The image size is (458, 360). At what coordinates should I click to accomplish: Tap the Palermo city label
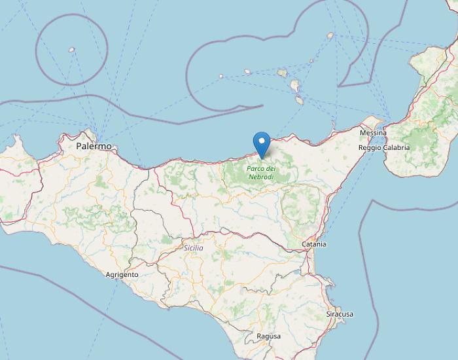(x=94, y=147)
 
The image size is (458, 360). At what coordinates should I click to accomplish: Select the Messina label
(x=373, y=133)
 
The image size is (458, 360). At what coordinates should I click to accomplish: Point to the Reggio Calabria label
(x=384, y=147)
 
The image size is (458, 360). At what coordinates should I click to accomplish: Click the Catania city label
(x=314, y=244)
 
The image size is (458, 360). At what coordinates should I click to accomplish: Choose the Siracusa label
(x=340, y=314)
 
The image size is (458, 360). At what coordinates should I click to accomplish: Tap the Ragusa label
(x=269, y=336)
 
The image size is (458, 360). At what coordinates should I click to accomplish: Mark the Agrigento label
(x=122, y=275)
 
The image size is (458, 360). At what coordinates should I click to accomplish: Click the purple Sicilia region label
(x=194, y=248)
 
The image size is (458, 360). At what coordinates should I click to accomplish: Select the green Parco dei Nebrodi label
(x=262, y=171)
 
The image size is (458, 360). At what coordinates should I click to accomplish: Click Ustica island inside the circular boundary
(x=71, y=49)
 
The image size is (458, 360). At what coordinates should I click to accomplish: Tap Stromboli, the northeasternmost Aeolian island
(x=330, y=36)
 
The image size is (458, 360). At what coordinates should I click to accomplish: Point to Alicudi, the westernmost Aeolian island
(x=221, y=76)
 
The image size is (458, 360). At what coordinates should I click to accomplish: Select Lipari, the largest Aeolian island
(x=296, y=86)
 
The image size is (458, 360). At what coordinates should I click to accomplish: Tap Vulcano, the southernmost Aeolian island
(x=299, y=101)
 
